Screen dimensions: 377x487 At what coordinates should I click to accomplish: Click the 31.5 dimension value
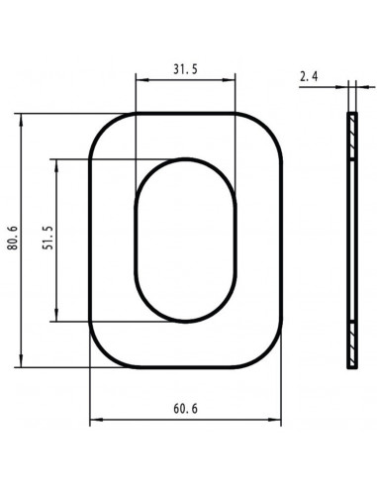click(x=185, y=69)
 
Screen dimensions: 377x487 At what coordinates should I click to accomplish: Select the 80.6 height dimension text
click(x=13, y=238)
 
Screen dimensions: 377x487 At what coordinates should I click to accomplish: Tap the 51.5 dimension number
click(x=47, y=238)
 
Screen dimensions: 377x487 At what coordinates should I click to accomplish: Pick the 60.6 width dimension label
click(x=185, y=409)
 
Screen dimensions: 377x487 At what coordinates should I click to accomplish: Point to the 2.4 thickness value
click(x=309, y=76)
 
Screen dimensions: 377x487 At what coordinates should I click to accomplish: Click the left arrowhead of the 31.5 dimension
click(x=142, y=80)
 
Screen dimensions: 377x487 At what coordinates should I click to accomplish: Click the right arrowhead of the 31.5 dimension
click(x=229, y=80)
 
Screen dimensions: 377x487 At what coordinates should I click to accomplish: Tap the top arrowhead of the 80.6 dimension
click(x=22, y=120)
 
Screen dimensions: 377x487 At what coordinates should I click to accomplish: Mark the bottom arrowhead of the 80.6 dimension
click(x=22, y=360)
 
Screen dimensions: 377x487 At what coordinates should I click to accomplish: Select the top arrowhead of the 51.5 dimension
click(x=56, y=166)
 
